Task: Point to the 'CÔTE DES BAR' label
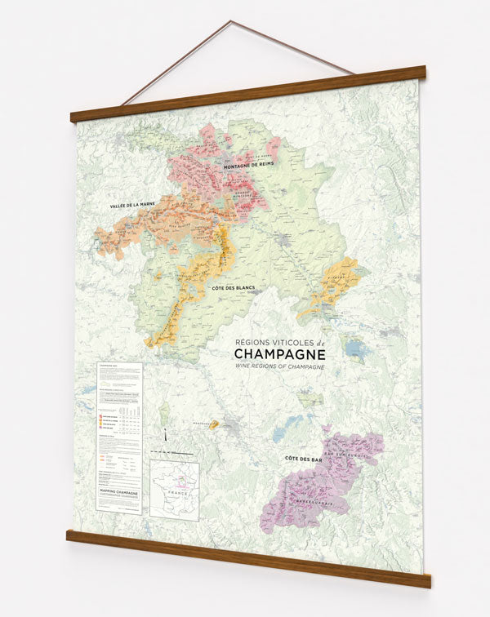302,461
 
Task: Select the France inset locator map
174,490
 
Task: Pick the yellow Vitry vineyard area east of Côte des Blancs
333,287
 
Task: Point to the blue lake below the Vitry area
355,349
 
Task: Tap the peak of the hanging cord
230,21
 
